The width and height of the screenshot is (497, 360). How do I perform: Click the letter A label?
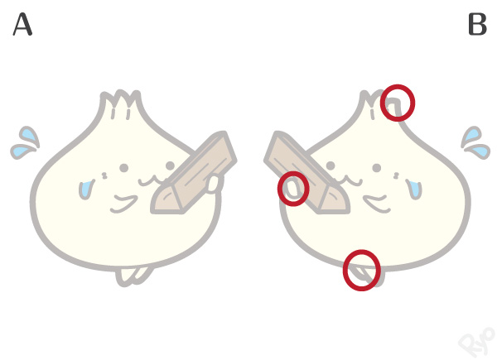[22, 24]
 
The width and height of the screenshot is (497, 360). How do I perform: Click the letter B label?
[477, 24]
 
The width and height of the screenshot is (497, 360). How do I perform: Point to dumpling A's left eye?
[124, 168]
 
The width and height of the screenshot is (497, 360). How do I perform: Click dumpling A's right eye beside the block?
[170, 166]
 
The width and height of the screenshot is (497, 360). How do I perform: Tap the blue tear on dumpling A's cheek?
[85, 190]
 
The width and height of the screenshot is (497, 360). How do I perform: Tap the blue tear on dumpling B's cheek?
[414, 190]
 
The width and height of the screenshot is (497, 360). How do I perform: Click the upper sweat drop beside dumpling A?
[29, 137]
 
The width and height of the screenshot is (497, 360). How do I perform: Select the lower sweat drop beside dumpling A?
[22, 151]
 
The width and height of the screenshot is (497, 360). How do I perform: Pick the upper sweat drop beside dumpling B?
[471, 137]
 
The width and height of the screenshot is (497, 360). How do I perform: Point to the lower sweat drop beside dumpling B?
[479, 151]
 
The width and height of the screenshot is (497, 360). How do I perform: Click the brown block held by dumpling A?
[194, 173]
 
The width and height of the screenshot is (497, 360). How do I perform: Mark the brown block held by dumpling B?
[306, 173]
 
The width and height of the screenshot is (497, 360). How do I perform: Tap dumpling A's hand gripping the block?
[213, 185]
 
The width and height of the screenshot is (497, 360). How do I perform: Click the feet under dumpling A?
[132, 276]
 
